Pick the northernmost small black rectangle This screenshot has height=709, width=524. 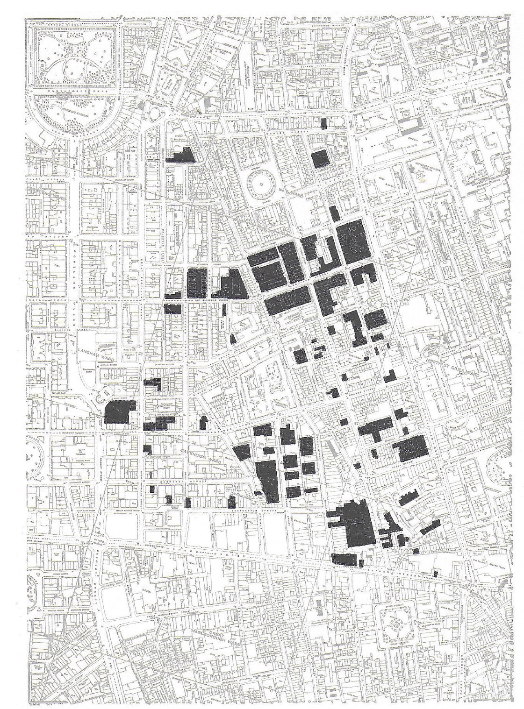point(324,123)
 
